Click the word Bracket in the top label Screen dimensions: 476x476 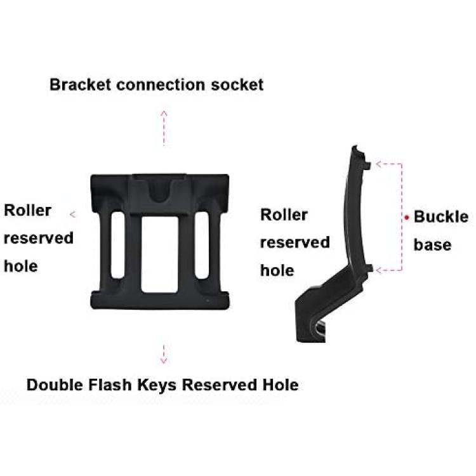80,84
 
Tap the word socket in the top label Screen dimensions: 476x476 237,84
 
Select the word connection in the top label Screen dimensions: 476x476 161,84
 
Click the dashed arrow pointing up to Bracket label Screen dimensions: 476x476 164,128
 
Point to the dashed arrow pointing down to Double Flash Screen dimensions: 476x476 164,354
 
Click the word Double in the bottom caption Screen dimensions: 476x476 55,385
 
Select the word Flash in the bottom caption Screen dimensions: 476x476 110,385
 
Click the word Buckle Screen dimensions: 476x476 441,217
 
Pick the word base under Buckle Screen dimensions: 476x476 432,245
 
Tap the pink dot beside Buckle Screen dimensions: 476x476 406,217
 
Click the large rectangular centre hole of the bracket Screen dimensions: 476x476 160,255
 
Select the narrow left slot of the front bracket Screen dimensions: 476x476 118,245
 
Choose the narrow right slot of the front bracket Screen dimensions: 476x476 202,245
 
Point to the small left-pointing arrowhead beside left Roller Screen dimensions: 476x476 72,215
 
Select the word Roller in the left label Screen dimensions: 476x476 27,210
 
